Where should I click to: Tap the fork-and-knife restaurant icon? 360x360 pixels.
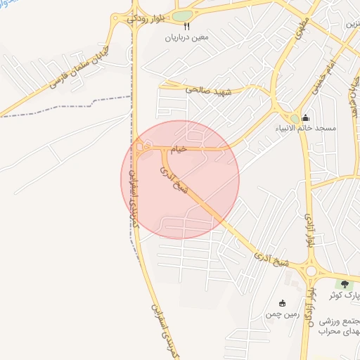coord(167,26)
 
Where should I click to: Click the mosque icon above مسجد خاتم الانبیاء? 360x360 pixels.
coord(305,117)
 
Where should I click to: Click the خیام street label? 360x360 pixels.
coord(180,149)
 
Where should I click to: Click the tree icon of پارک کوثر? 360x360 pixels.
coord(345,284)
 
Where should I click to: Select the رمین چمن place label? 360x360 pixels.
coord(283,314)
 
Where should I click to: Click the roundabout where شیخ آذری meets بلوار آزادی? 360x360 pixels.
coord(310,271)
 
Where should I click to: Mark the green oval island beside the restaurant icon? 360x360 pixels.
coord(182,16)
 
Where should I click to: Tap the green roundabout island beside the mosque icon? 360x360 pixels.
coord(292,118)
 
